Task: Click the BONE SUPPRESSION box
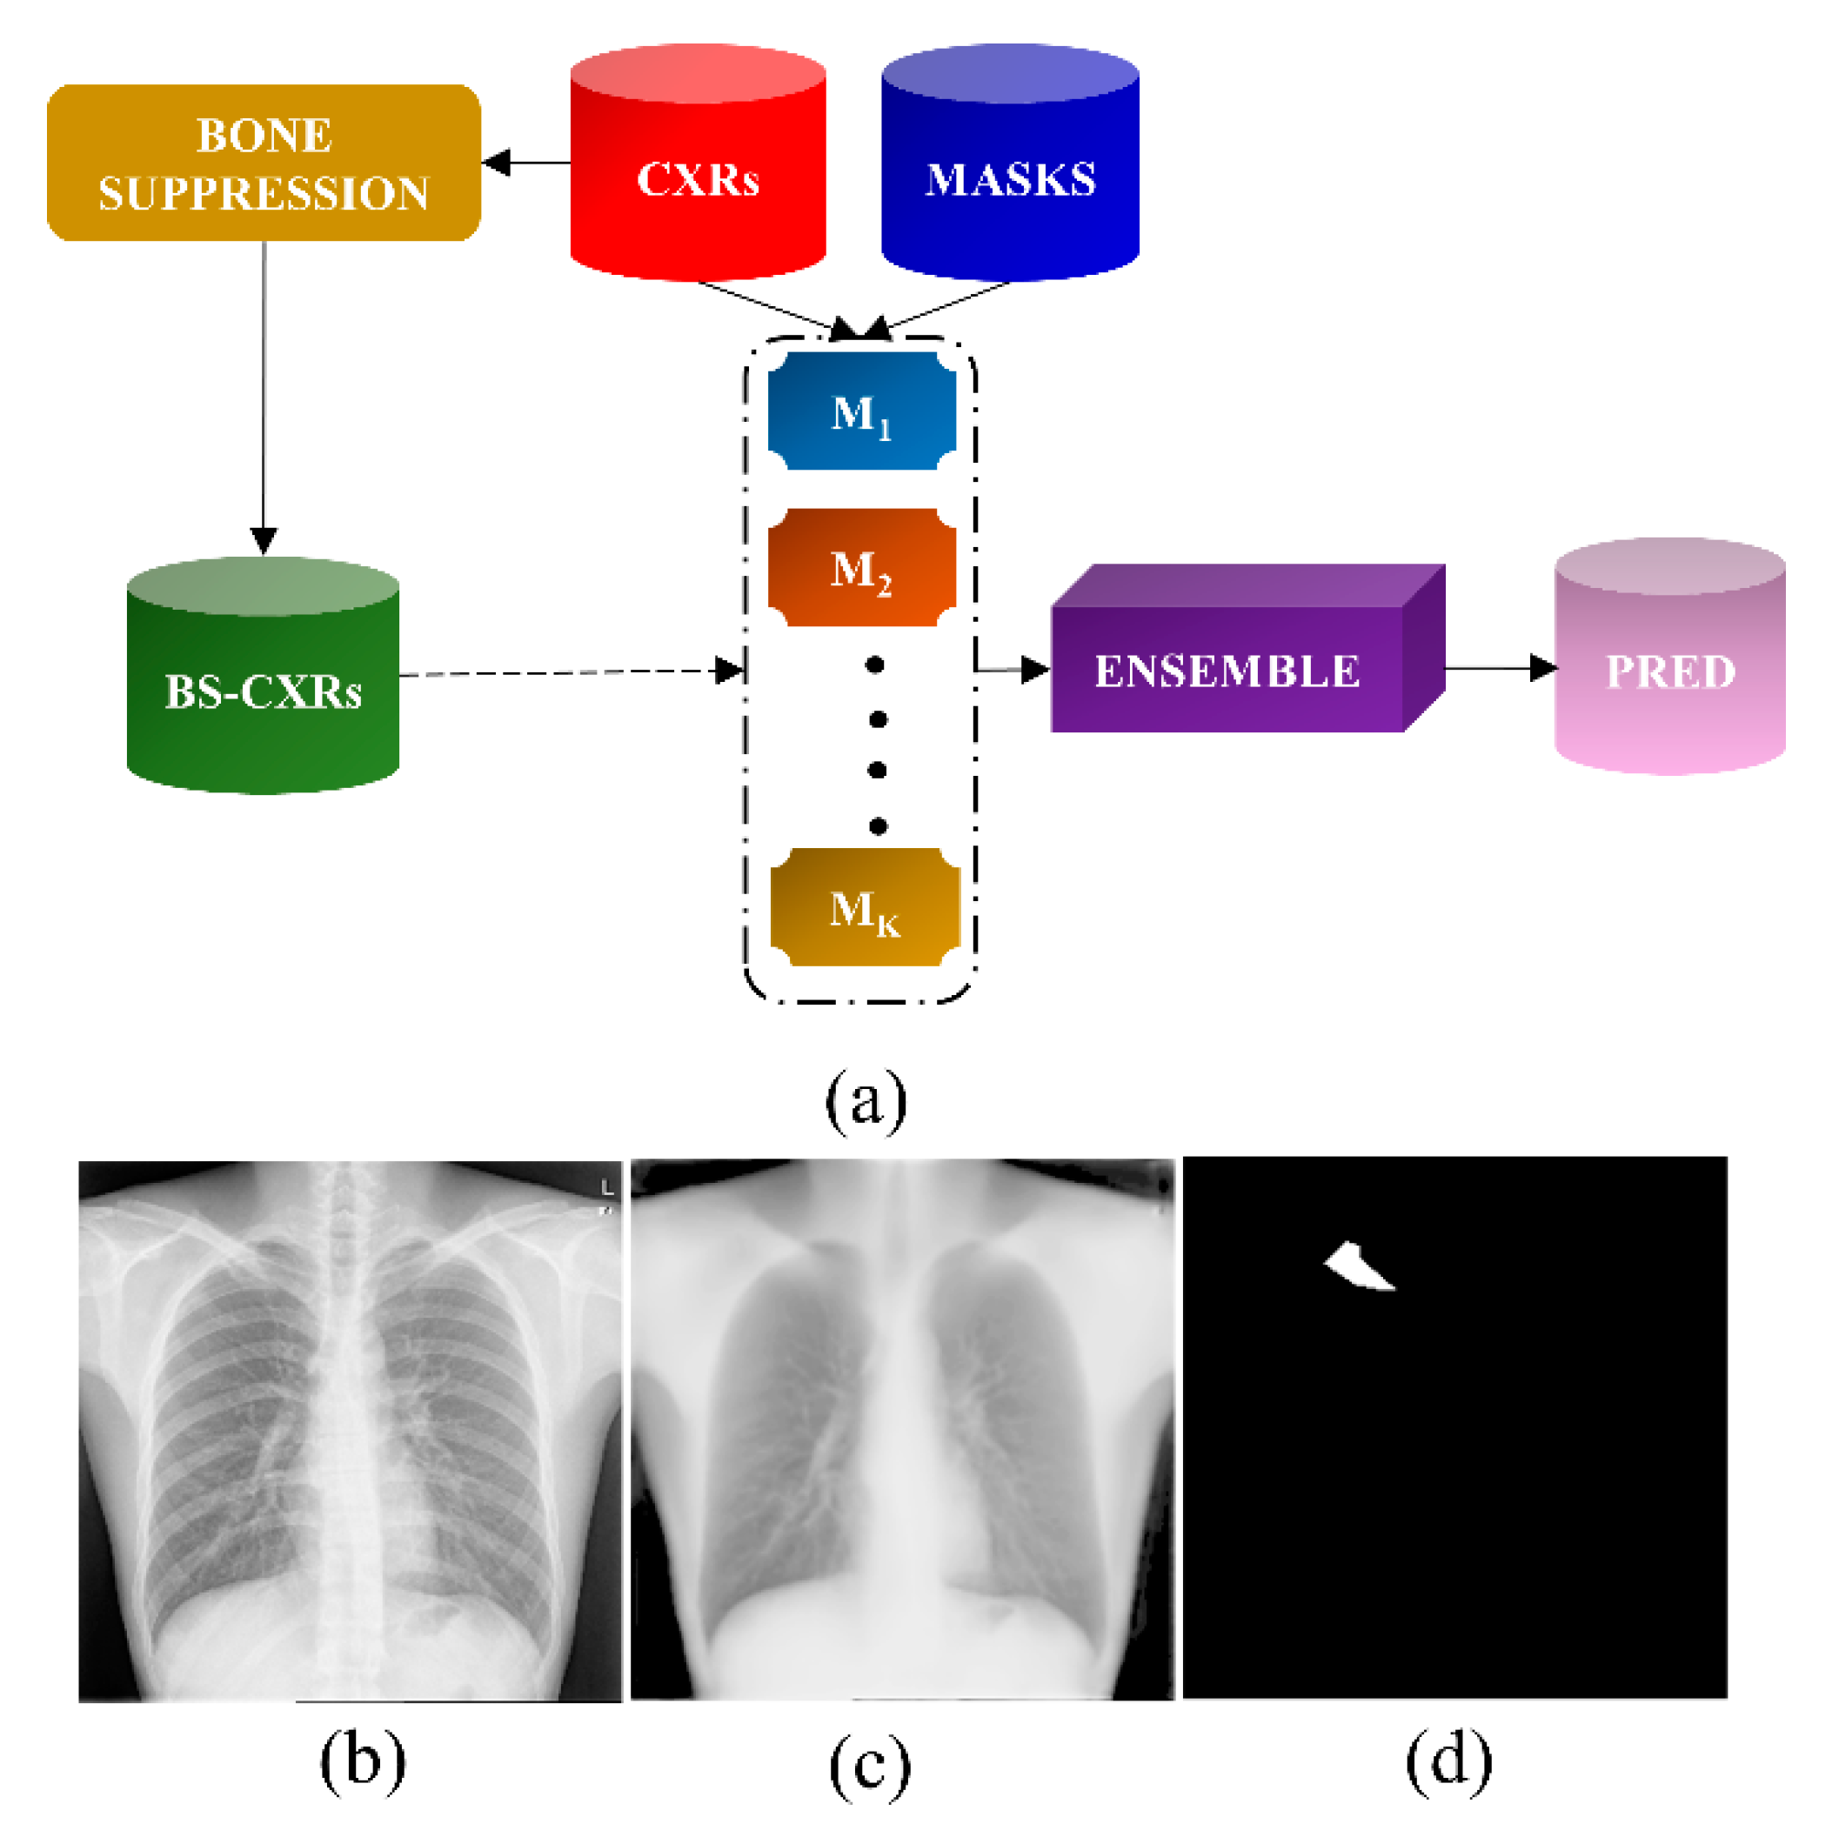click(264, 163)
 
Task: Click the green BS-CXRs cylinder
click(263, 691)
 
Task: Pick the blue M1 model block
click(861, 411)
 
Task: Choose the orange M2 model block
click(861, 568)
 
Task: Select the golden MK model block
click(864, 907)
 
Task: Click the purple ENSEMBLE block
click(1227, 671)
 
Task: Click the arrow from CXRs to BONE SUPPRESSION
click(525, 163)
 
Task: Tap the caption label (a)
click(866, 1101)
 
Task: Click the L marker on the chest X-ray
click(606, 1187)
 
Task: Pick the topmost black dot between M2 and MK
click(874, 665)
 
